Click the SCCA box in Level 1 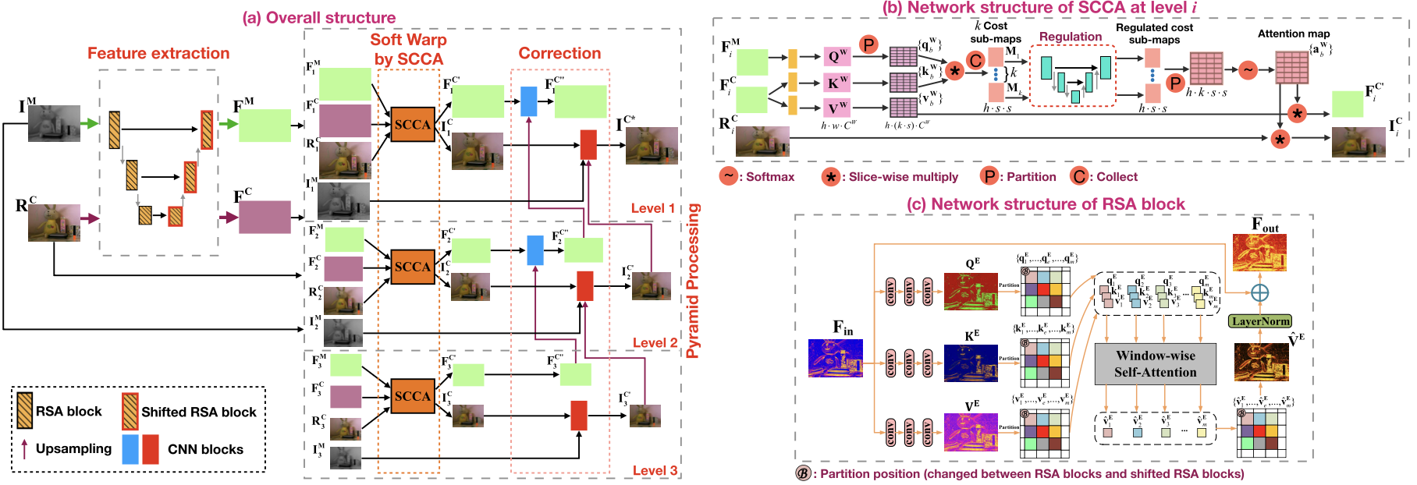[x=412, y=124]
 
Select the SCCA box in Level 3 [x=412, y=395]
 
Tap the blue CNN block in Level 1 [x=528, y=101]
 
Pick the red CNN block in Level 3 [x=579, y=415]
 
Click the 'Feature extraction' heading [x=158, y=53]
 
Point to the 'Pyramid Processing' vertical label [x=693, y=281]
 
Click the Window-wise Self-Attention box [x=1155, y=363]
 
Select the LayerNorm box [x=1259, y=321]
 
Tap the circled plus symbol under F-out [x=1259, y=292]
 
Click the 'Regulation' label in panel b [x=1070, y=37]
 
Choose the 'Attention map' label [x=1293, y=34]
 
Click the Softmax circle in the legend [x=729, y=176]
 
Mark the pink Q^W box [x=836, y=56]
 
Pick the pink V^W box [x=836, y=108]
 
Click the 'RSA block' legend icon [x=25, y=410]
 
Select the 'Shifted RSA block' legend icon [x=130, y=411]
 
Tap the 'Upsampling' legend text [x=73, y=448]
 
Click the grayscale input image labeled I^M [x=54, y=123]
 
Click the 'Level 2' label [x=654, y=343]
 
